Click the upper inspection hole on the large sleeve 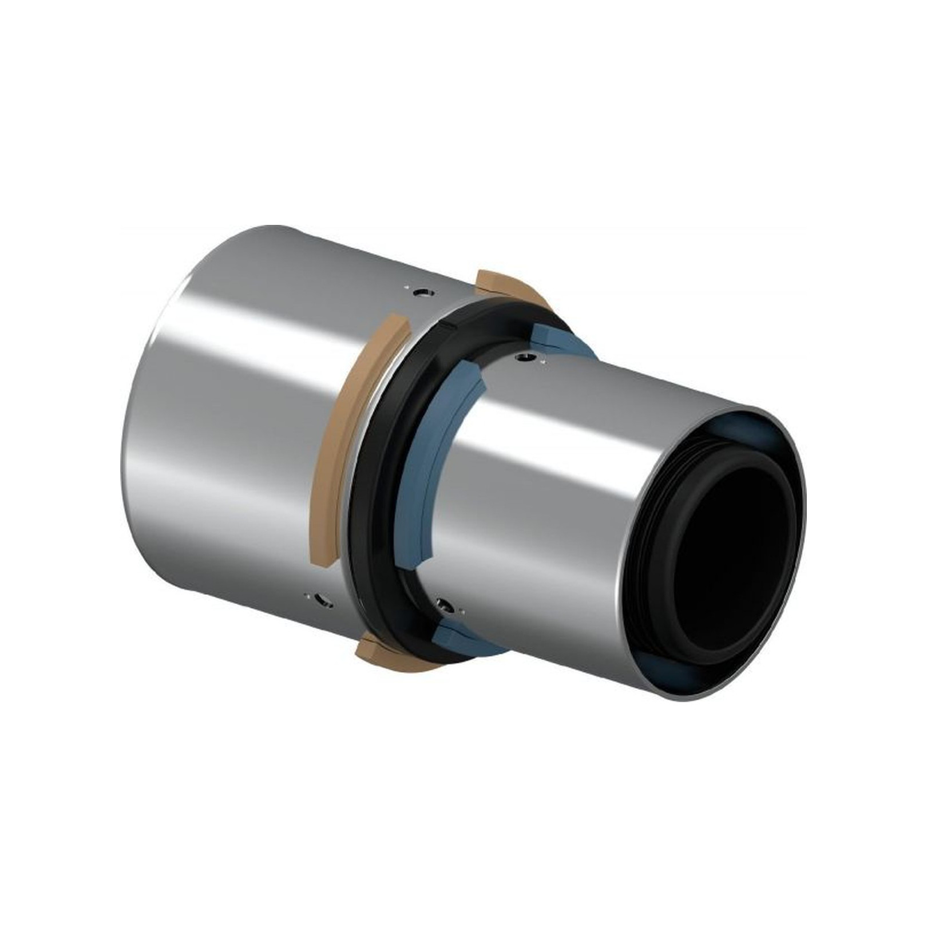point(424,292)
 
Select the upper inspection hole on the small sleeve point(522,358)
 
